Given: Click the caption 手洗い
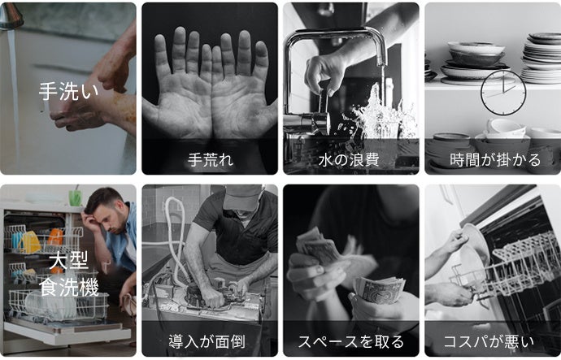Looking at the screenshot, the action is [68, 91].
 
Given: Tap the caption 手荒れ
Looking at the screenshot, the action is [211, 159].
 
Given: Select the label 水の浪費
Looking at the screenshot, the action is [349, 159].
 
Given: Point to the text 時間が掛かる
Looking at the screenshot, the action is [495, 159].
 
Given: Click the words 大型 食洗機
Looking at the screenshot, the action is [68, 275].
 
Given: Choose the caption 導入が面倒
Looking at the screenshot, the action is [207, 341].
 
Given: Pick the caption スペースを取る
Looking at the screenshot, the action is [350, 341].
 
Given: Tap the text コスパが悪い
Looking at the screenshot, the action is [489, 341].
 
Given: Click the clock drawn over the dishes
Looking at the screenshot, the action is [503, 93].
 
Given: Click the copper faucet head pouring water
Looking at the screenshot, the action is [11, 16].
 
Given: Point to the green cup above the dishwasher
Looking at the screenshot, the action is [75, 197].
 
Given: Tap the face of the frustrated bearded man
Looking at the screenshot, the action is [114, 216].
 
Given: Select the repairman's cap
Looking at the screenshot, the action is [243, 197].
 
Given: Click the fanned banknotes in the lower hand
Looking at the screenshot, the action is [379, 288].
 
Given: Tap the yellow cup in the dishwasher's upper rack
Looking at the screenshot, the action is [31, 242].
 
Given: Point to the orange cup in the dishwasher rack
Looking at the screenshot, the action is [55, 237].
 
